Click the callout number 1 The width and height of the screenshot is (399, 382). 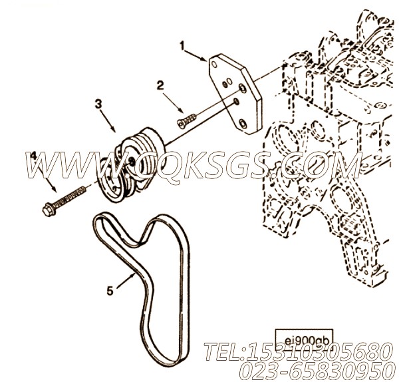(182, 46)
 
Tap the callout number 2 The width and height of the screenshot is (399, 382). (160, 86)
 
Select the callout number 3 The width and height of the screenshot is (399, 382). (98, 104)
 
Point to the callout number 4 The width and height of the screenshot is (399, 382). (33, 155)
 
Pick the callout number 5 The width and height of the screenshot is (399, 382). (110, 291)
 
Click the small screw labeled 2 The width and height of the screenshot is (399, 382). (186, 120)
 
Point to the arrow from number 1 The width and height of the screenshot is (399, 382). (195, 56)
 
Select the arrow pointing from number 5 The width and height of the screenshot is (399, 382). (126, 280)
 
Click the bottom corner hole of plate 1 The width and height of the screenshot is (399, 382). (243, 124)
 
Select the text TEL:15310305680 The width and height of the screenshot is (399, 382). (297, 352)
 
